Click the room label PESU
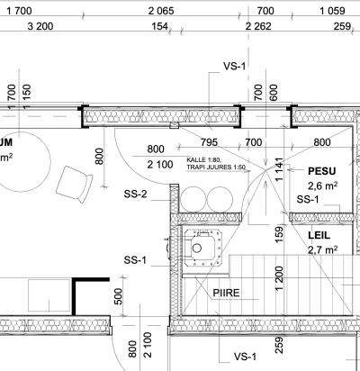[322, 171]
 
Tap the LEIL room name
[319, 235]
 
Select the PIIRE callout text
[226, 293]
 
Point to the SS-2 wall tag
[136, 195]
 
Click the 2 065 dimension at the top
[161, 11]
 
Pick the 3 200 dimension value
[40, 26]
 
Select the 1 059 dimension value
[332, 11]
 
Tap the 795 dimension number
[209, 142]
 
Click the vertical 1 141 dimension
[279, 169]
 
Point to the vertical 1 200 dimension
[279, 278]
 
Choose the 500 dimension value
[119, 296]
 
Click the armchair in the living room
[74, 184]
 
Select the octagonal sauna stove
[203, 249]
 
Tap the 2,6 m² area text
[322, 185]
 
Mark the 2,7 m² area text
[323, 249]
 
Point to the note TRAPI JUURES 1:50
[216, 167]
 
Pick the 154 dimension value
[160, 26]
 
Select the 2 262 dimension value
[258, 26]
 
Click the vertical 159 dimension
[279, 235]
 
